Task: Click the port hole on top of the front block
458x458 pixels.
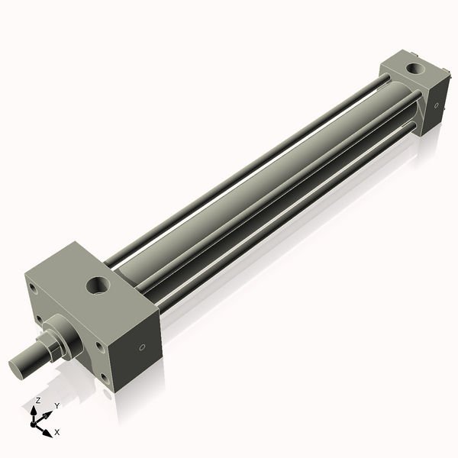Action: tap(99, 286)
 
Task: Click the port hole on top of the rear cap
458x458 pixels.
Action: tap(417, 69)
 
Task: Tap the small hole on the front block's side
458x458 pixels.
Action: tap(142, 347)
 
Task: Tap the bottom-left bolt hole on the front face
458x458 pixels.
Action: tap(37, 318)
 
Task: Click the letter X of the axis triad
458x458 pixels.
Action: tap(57, 433)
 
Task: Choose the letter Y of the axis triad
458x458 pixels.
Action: tap(56, 406)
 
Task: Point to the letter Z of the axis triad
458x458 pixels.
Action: tap(38, 400)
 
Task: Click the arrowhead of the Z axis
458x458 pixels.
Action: tap(35, 409)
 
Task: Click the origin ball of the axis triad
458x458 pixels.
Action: tap(35, 423)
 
